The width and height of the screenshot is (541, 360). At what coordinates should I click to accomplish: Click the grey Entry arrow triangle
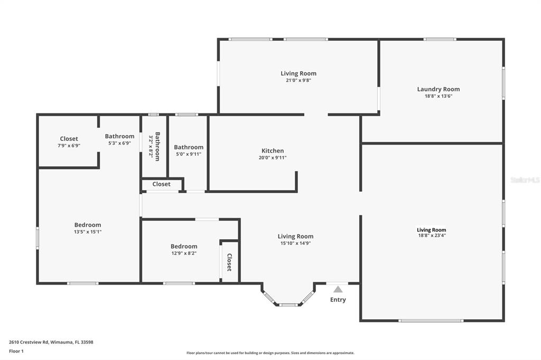(x=338, y=289)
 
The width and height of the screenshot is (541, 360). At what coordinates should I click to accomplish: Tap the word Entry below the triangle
(x=338, y=300)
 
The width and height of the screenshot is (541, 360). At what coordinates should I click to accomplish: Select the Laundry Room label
(x=439, y=89)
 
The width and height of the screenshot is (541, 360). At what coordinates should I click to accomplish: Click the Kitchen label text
(x=273, y=150)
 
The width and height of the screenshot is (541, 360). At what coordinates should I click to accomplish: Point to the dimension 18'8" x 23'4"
(x=431, y=235)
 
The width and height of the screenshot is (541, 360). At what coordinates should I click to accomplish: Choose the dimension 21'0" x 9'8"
(x=299, y=80)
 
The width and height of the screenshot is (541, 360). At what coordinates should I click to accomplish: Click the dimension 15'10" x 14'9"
(x=296, y=243)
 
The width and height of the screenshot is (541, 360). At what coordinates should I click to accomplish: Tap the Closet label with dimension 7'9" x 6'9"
(x=69, y=139)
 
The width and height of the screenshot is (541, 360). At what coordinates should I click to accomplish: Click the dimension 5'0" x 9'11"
(x=189, y=154)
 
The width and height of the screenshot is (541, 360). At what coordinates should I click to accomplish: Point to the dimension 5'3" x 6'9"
(x=120, y=143)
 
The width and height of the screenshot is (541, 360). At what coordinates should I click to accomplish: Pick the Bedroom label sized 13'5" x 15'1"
(x=88, y=225)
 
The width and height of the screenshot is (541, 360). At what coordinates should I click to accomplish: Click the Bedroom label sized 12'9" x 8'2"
(x=184, y=246)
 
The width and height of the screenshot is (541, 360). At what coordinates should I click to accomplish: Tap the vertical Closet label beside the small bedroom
(x=229, y=262)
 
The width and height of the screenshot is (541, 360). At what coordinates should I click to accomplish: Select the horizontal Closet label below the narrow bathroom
(x=162, y=184)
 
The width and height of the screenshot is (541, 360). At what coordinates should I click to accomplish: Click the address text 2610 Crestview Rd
(x=29, y=342)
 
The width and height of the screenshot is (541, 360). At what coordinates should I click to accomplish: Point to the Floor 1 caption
(x=16, y=351)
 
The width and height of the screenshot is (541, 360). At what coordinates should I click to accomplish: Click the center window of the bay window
(x=288, y=305)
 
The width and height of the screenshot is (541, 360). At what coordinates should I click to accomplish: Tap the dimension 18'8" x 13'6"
(x=439, y=96)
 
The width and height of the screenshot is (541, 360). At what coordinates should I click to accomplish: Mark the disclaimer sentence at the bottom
(x=270, y=353)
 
